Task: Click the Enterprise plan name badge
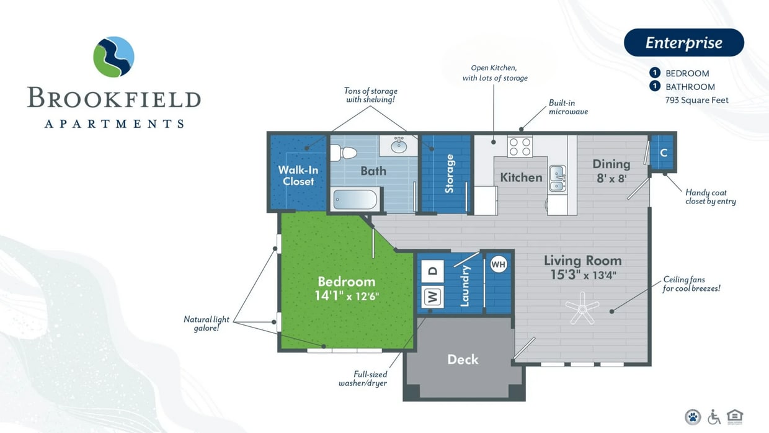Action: [x=683, y=43]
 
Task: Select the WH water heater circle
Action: [x=499, y=265]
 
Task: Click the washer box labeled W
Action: [x=433, y=297]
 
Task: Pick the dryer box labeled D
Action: [x=433, y=270]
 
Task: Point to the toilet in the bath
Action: [x=343, y=152]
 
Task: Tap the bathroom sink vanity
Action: [x=398, y=146]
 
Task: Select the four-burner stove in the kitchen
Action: [x=520, y=147]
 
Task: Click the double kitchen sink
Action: [x=557, y=177]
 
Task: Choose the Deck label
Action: [x=463, y=359]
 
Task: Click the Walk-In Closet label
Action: [x=298, y=176]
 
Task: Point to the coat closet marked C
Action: [x=663, y=153]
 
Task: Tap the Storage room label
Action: [x=450, y=174]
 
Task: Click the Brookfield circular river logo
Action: [x=113, y=57]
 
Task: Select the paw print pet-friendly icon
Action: [x=693, y=416]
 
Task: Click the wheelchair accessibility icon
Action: [x=714, y=416]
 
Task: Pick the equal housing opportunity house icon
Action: [x=736, y=416]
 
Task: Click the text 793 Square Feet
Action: [x=697, y=100]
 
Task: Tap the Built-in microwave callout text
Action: [x=568, y=107]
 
